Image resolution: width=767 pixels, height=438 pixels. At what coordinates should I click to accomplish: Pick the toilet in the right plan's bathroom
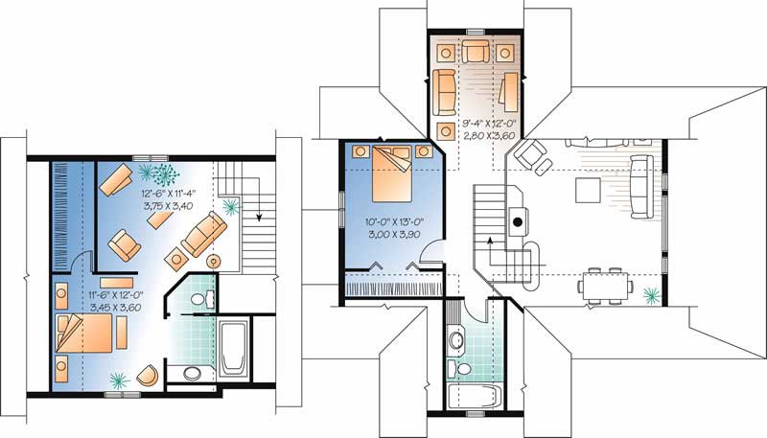(464, 368)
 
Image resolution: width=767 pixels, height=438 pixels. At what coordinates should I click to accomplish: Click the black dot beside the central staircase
(517, 222)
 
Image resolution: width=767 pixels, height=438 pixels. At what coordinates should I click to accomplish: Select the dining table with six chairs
(604, 285)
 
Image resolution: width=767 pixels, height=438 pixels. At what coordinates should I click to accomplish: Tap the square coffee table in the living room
(588, 191)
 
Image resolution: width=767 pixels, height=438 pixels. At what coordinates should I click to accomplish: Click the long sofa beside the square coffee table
(641, 185)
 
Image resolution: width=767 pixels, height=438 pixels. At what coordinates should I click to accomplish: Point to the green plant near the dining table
(652, 293)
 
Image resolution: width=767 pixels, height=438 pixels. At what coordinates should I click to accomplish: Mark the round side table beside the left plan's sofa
(214, 260)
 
